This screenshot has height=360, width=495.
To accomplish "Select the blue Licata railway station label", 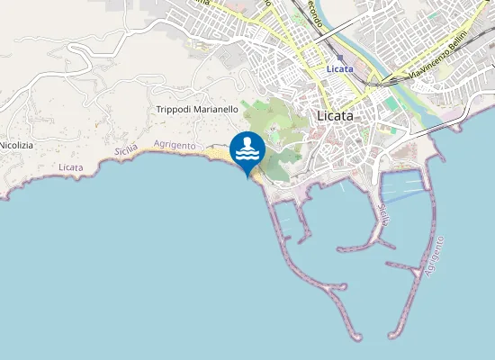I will (x=339, y=69).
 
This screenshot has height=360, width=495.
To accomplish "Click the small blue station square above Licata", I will (x=339, y=57).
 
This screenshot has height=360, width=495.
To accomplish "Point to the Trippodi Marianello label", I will (x=197, y=109).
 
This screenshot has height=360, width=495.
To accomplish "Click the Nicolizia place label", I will (x=15, y=145).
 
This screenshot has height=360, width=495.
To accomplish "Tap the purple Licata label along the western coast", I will (x=69, y=168).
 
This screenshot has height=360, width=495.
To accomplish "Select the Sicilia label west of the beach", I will (x=126, y=152).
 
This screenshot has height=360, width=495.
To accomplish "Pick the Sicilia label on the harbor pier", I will (x=385, y=214).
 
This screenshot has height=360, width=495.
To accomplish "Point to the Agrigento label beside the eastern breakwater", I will (x=436, y=256).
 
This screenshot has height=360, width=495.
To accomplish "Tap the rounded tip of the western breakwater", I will (x=355, y=337).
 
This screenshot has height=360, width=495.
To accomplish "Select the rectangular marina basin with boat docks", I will (x=402, y=186).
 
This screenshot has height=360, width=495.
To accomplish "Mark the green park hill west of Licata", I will (x=274, y=135).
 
